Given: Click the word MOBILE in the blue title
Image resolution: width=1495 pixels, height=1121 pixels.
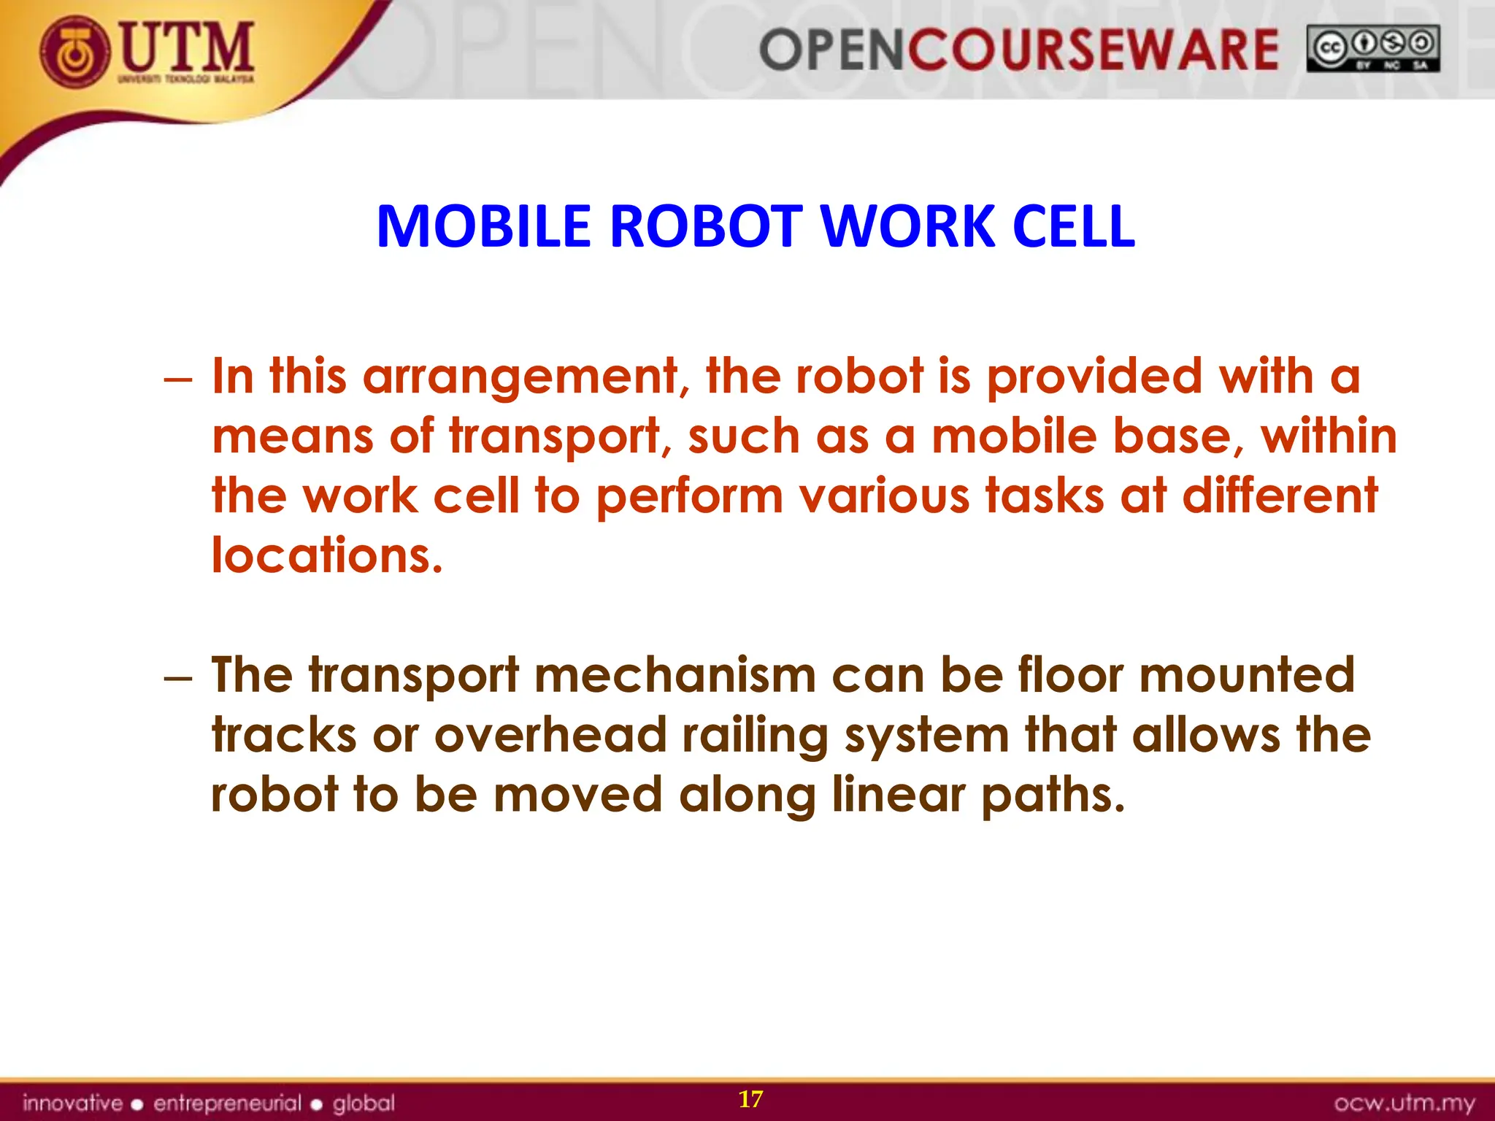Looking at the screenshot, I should [x=483, y=226].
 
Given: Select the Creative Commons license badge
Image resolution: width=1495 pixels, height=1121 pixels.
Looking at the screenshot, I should [x=1373, y=49].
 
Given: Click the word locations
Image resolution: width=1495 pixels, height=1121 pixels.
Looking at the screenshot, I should [x=327, y=556].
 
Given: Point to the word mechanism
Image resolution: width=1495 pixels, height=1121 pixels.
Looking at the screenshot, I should [x=675, y=675].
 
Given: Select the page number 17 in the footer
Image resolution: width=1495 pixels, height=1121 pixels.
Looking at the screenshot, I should [x=750, y=1099].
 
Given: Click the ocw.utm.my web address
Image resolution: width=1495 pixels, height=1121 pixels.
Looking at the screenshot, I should [x=1404, y=1103].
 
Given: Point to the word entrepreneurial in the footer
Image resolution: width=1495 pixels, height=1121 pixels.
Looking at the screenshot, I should [x=227, y=1103].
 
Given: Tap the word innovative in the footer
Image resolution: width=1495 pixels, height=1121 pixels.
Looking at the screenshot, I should [x=72, y=1102].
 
